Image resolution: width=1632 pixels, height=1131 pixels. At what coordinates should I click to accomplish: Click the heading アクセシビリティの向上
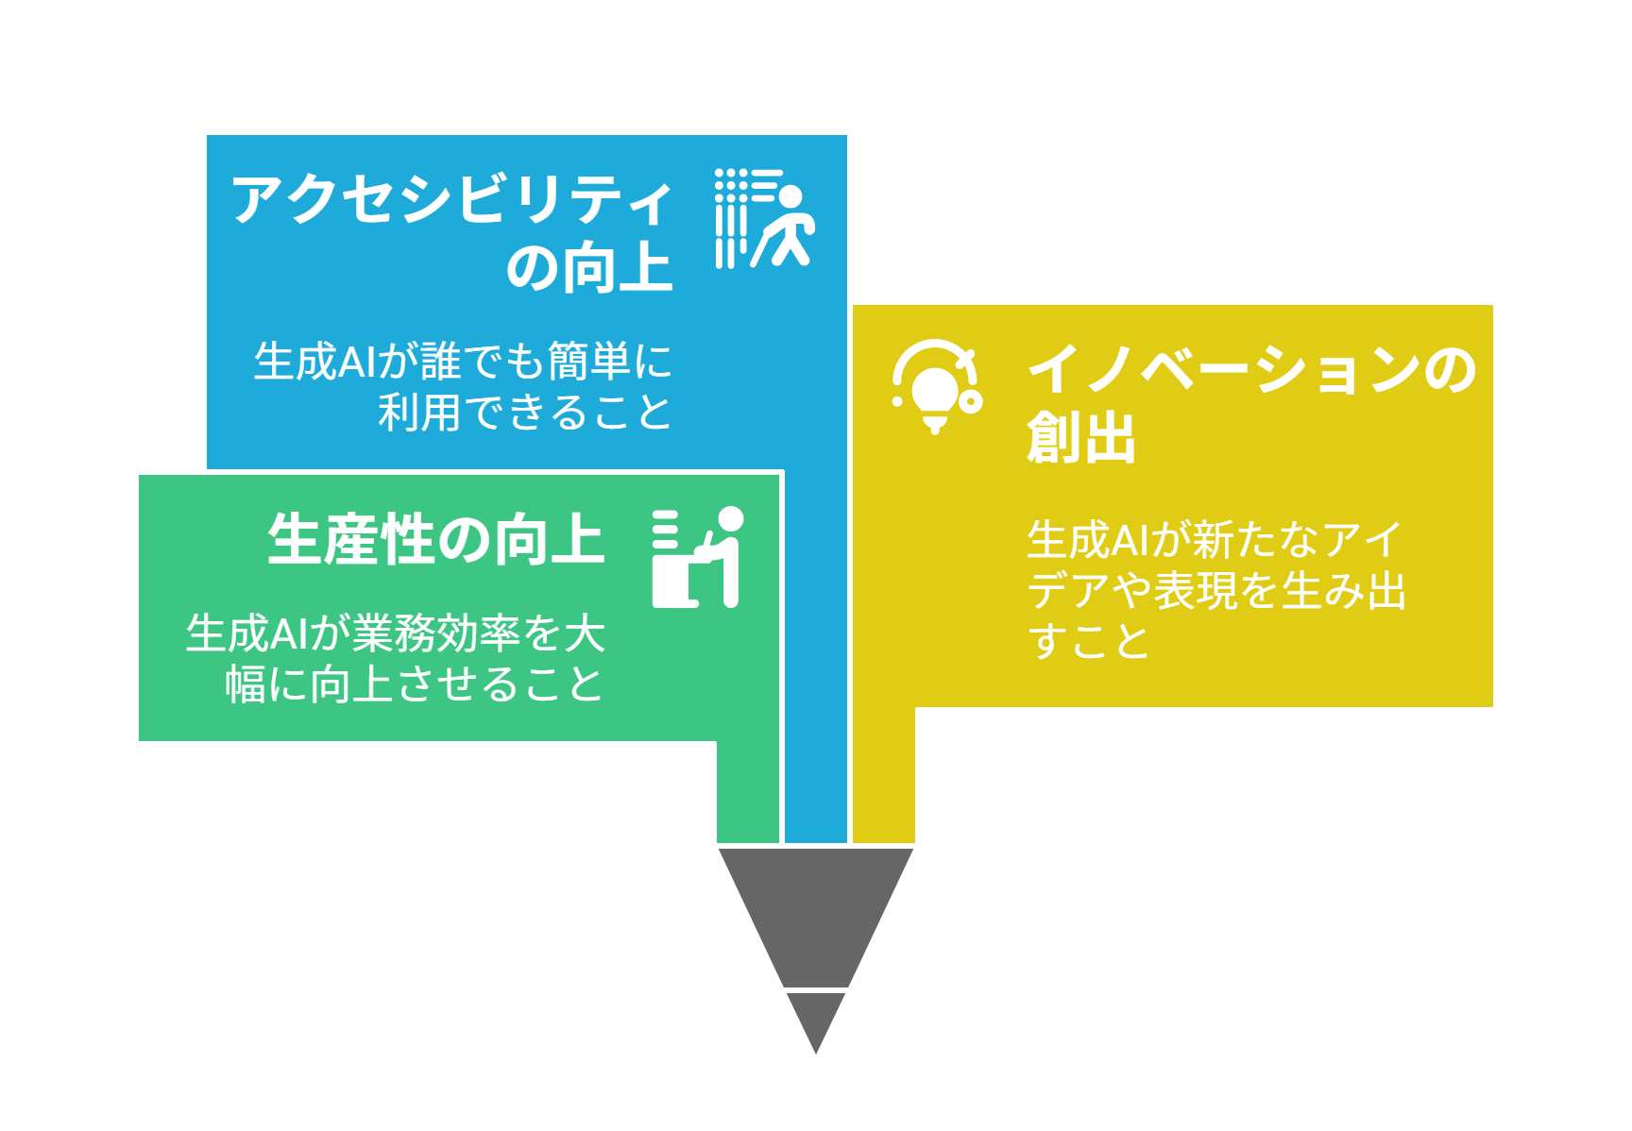451,232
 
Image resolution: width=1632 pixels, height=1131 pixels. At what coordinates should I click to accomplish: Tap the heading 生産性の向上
435,540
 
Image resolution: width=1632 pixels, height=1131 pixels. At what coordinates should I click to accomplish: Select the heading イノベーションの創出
1250,403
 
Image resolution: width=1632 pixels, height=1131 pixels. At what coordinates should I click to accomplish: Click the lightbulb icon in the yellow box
937,387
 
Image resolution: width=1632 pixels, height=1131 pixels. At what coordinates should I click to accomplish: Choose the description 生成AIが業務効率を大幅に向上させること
395,659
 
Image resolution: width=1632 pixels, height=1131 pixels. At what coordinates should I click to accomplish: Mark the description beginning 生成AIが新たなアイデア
1216,590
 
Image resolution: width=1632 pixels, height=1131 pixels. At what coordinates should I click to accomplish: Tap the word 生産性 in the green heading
350,540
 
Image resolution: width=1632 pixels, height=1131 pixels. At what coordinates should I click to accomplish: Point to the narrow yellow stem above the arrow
884,774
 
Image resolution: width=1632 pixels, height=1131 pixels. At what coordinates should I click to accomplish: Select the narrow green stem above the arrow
748,791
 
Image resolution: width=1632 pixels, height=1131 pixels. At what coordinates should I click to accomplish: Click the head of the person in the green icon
730,519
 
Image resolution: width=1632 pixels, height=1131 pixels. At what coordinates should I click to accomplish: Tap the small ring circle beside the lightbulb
970,401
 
